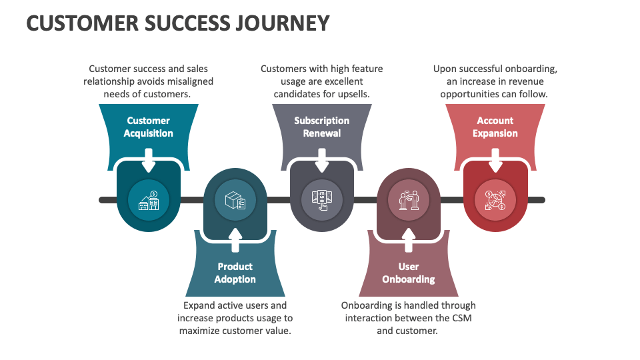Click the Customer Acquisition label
click(148, 127)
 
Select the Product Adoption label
click(235, 273)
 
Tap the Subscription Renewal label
click(321, 127)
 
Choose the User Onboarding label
click(408, 273)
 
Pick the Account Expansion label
click(495, 127)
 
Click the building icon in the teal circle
click(148, 200)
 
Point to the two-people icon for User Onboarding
click(408, 200)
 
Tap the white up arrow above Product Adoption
click(235, 239)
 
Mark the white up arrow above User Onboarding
click(408, 239)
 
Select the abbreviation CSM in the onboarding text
click(458, 318)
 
